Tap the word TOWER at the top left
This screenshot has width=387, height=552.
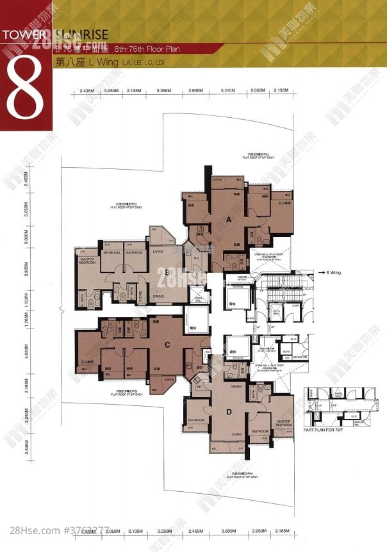click(24, 34)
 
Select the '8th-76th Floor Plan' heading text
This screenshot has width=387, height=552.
click(140, 48)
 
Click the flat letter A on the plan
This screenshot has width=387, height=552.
click(229, 219)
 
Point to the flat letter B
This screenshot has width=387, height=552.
click(167, 272)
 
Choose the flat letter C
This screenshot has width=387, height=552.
click(167, 345)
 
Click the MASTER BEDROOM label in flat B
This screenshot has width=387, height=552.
click(88, 261)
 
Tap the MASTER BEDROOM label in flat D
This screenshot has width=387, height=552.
click(284, 423)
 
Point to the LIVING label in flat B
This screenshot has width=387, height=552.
click(158, 252)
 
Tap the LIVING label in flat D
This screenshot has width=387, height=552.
click(236, 434)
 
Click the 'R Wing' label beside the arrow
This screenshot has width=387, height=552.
click(333, 272)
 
